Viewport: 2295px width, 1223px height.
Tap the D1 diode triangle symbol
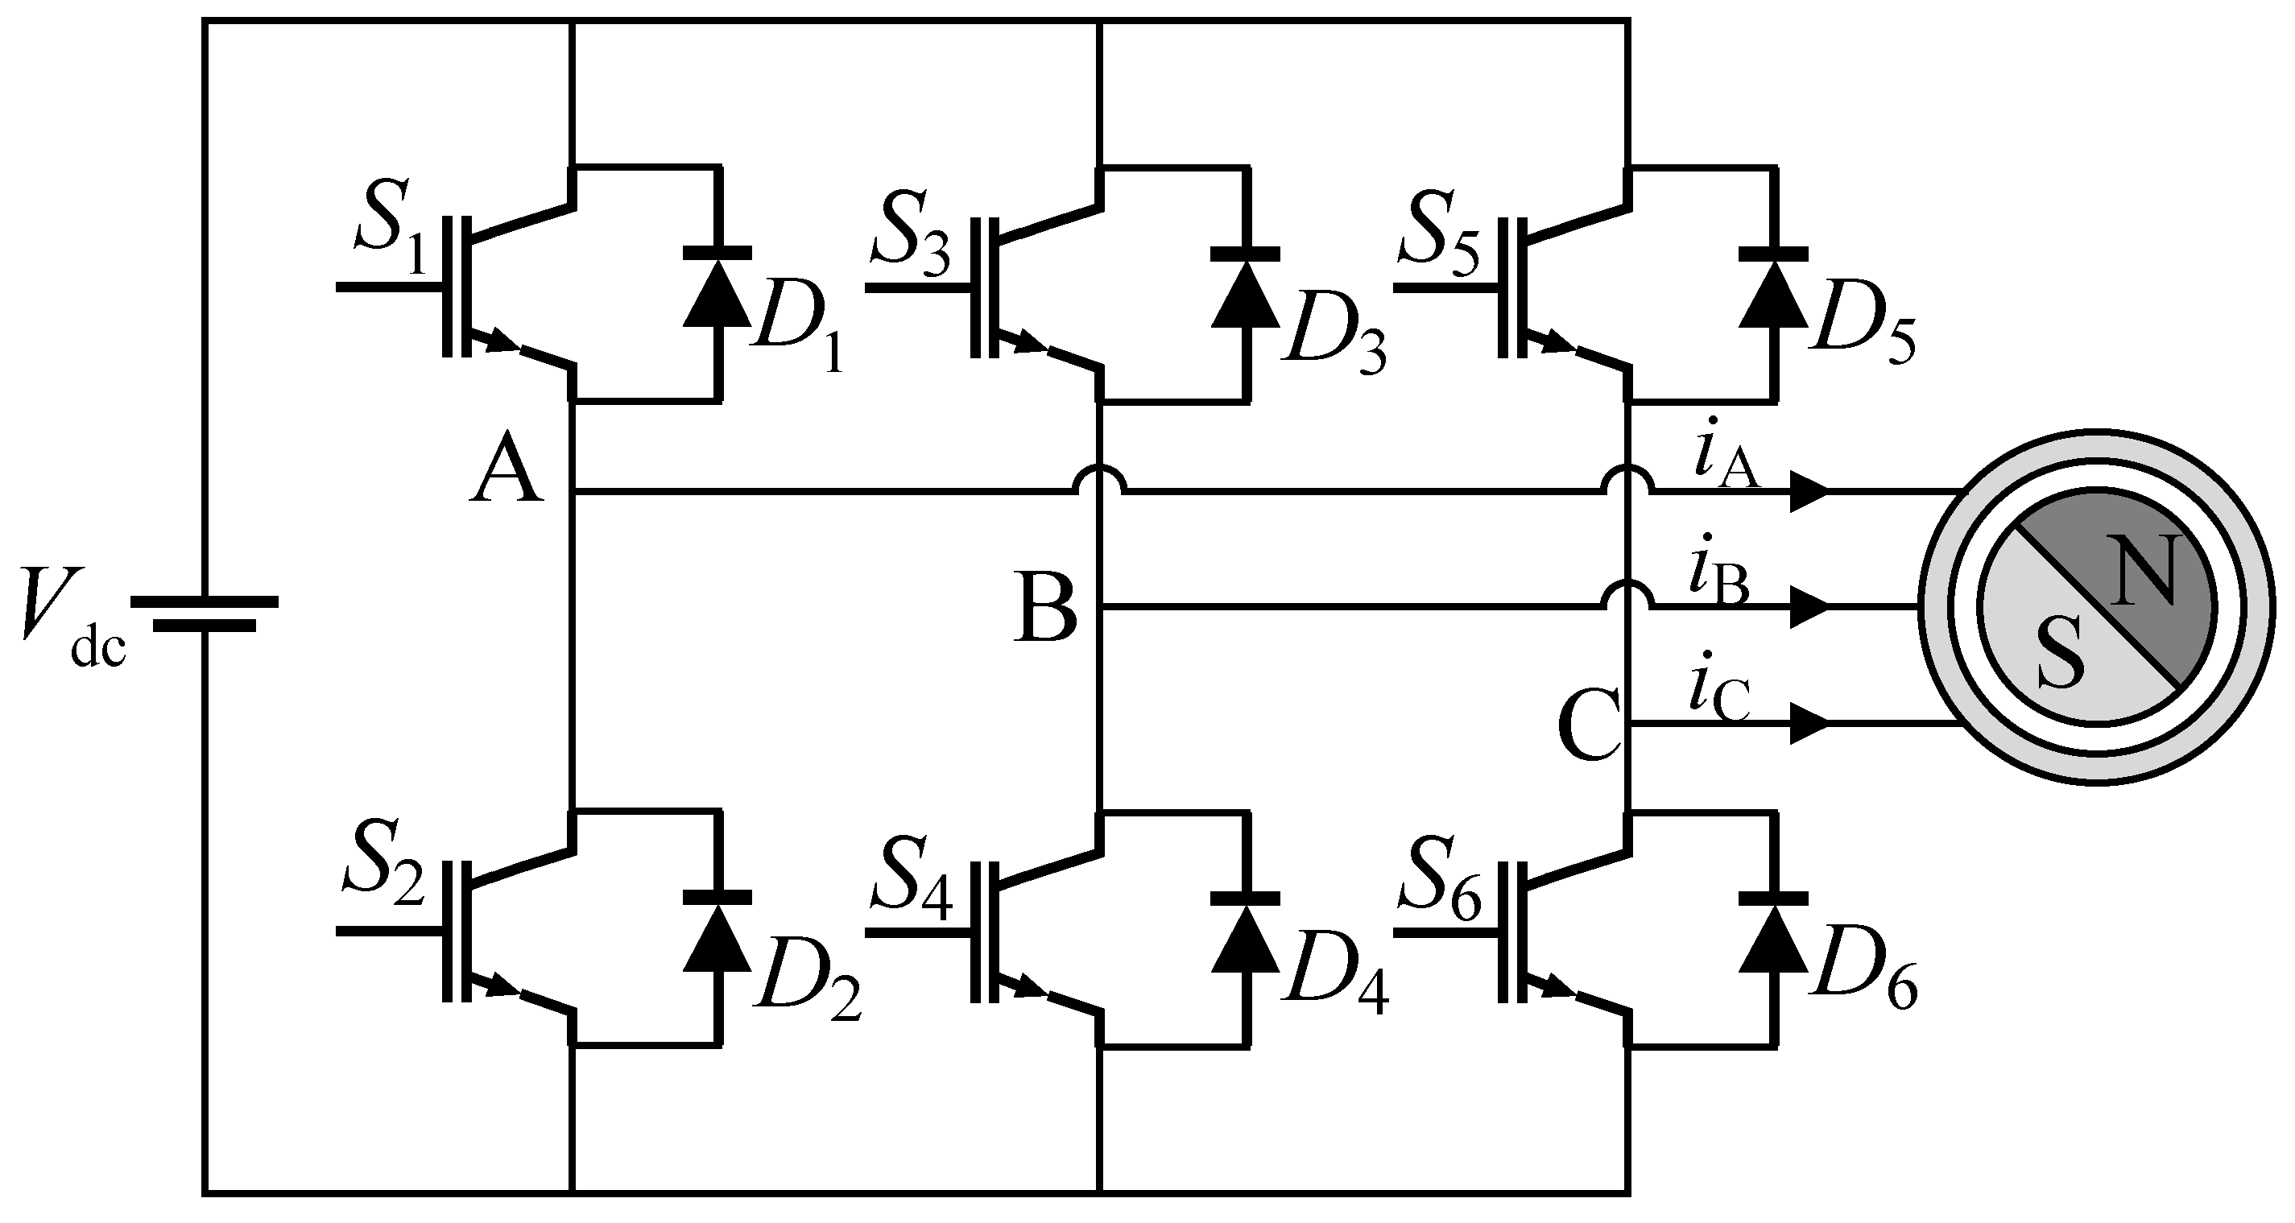pyautogui.click(x=717, y=294)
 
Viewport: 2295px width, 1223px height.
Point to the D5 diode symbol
pyautogui.click(x=1773, y=294)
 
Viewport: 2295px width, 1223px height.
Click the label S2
pyautogui.click(x=383, y=870)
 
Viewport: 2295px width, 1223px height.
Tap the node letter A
pyautogui.click(x=506, y=468)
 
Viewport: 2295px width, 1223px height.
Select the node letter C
pyautogui.click(x=1590, y=726)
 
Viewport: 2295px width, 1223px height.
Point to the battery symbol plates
pyautogui.click(x=205, y=614)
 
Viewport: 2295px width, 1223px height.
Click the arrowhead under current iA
pyautogui.click(x=1809, y=492)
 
